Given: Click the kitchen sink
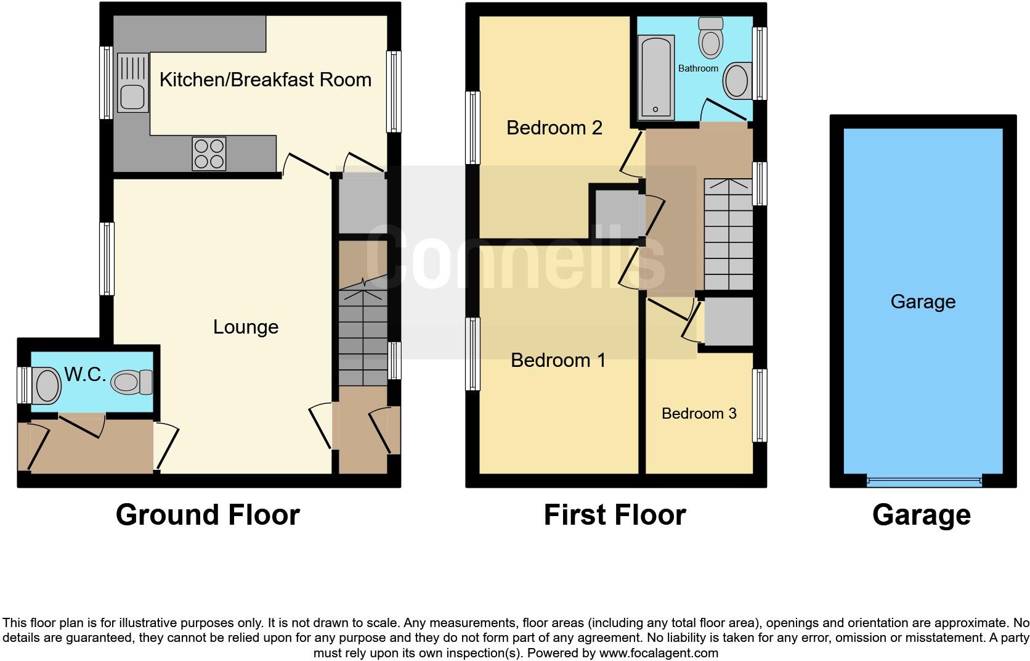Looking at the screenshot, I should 133,83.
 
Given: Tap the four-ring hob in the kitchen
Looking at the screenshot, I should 209,154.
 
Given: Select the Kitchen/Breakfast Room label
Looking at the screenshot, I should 265,80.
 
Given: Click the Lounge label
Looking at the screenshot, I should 245,327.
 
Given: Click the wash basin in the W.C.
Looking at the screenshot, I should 46,385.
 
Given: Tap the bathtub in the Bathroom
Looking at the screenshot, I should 655,77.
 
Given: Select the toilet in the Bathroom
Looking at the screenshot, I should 711,38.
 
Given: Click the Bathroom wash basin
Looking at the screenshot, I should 737,81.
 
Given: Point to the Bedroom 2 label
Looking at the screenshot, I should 554,128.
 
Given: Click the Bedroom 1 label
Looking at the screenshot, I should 558,360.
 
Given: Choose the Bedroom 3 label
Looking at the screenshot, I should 699,413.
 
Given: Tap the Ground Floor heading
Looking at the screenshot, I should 208,515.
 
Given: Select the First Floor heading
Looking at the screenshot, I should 614,515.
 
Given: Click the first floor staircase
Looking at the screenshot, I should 728,234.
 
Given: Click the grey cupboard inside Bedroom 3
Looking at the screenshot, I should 728,322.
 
